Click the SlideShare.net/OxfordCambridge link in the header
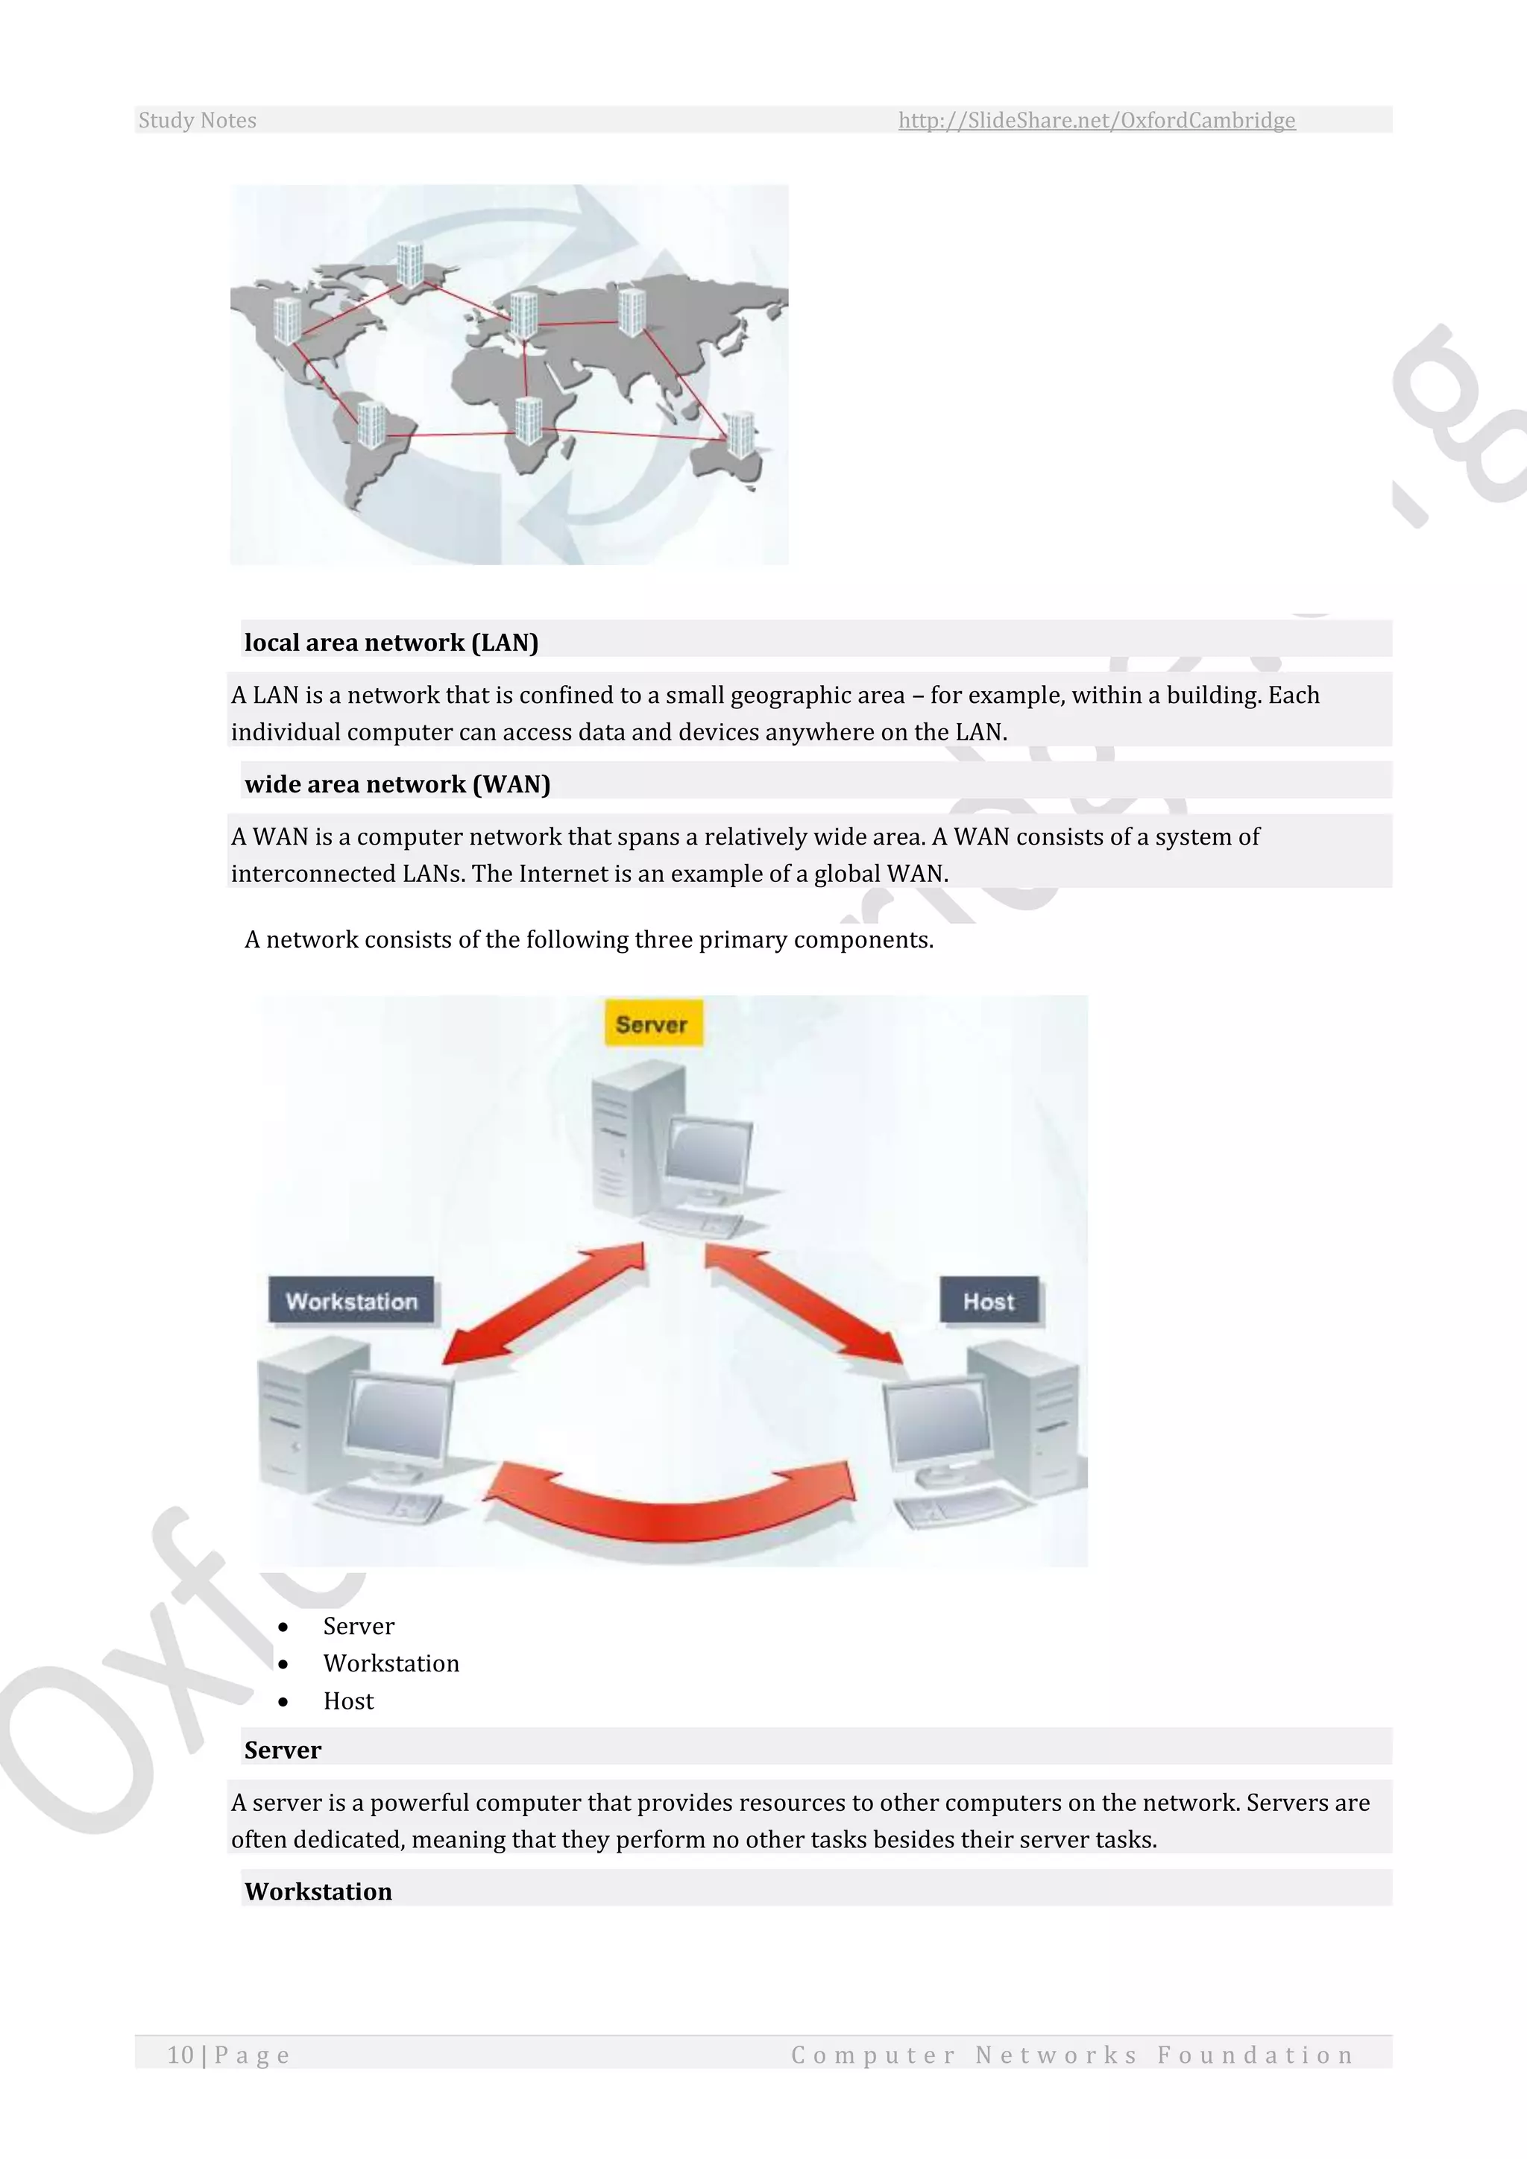[1096, 120]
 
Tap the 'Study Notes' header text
[198, 120]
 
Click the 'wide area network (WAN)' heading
[397, 784]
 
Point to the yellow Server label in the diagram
[652, 1024]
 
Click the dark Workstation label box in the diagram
[352, 1302]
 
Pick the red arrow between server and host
[803, 1302]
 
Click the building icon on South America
[371, 423]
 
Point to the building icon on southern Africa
[529, 420]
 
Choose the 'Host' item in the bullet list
[348, 1701]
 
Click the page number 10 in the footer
[180, 2055]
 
